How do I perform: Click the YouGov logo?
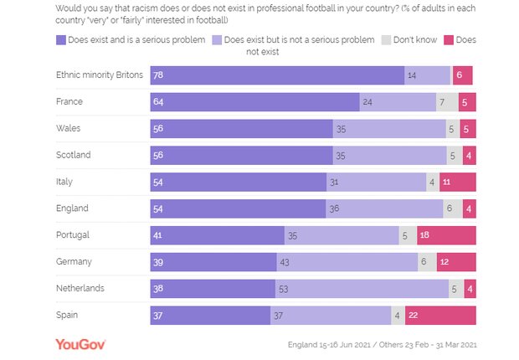coord(80,344)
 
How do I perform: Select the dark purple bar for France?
coord(254,101)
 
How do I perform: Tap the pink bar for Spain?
coord(440,315)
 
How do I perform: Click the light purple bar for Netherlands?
coord(362,288)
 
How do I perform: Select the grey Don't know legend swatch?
coord(386,39)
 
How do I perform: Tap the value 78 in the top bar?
coord(158,75)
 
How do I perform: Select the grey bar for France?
coord(447,101)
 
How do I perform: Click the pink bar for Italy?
coord(458,182)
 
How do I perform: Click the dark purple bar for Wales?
coord(241,128)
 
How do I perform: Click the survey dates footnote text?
coord(383,344)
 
